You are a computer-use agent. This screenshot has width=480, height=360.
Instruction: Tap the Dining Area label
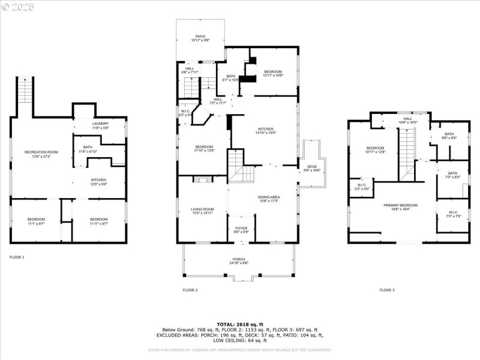(x=269, y=199)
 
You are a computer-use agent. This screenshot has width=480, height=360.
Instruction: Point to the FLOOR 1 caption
(x=17, y=257)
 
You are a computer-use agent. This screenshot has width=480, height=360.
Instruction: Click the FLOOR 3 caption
(x=387, y=290)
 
